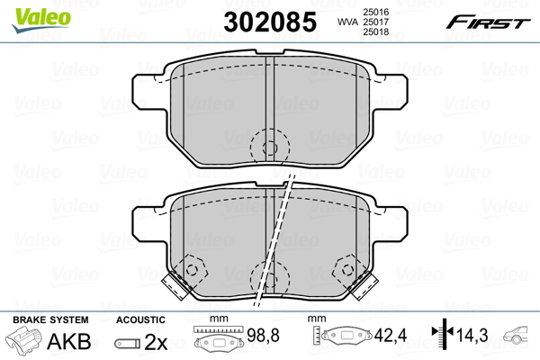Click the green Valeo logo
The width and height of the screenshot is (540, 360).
41,20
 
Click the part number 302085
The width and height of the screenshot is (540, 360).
270,22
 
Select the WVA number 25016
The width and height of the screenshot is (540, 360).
375,12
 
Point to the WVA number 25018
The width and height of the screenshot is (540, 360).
375,32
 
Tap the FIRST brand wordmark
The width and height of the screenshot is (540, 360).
488,22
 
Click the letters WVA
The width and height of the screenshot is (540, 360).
348,22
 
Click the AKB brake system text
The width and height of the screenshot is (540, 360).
69,341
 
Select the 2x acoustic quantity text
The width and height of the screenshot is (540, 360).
156,342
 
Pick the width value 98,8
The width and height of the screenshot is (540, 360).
263,335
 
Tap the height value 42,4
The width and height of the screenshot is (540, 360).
391,335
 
